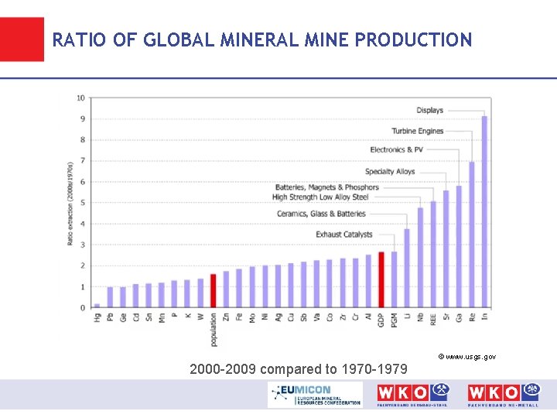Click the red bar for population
point(213,290)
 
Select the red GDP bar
point(381,279)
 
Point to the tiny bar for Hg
point(97,306)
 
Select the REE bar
point(432,255)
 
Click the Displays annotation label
point(429,110)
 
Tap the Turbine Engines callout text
point(417,131)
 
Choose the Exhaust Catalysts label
point(343,235)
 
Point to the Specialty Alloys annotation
point(390,172)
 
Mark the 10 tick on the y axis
point(81,98)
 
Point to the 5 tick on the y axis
point(83,203)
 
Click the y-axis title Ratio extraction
point(70,203)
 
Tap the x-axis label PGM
point(394,318)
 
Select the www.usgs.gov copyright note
point(466,356)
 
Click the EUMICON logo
point(315,394)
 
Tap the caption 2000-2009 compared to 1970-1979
point(299,369)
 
